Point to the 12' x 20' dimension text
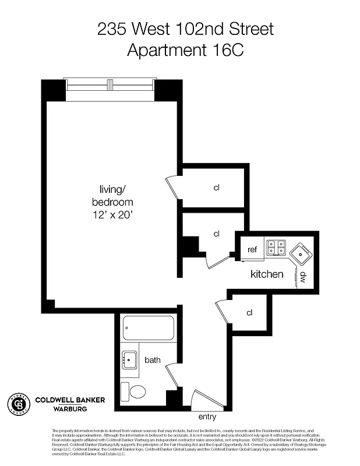pos(112,215)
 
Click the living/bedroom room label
pos(112,195)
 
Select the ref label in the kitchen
pos(252,249)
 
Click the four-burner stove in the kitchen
pos(275,248)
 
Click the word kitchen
pos(267,274)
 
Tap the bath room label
pos(153,361)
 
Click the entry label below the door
pos(207,416)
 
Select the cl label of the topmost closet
pos(216,188)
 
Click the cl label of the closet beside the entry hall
pos(249,313)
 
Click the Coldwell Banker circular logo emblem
pos(18,403)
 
